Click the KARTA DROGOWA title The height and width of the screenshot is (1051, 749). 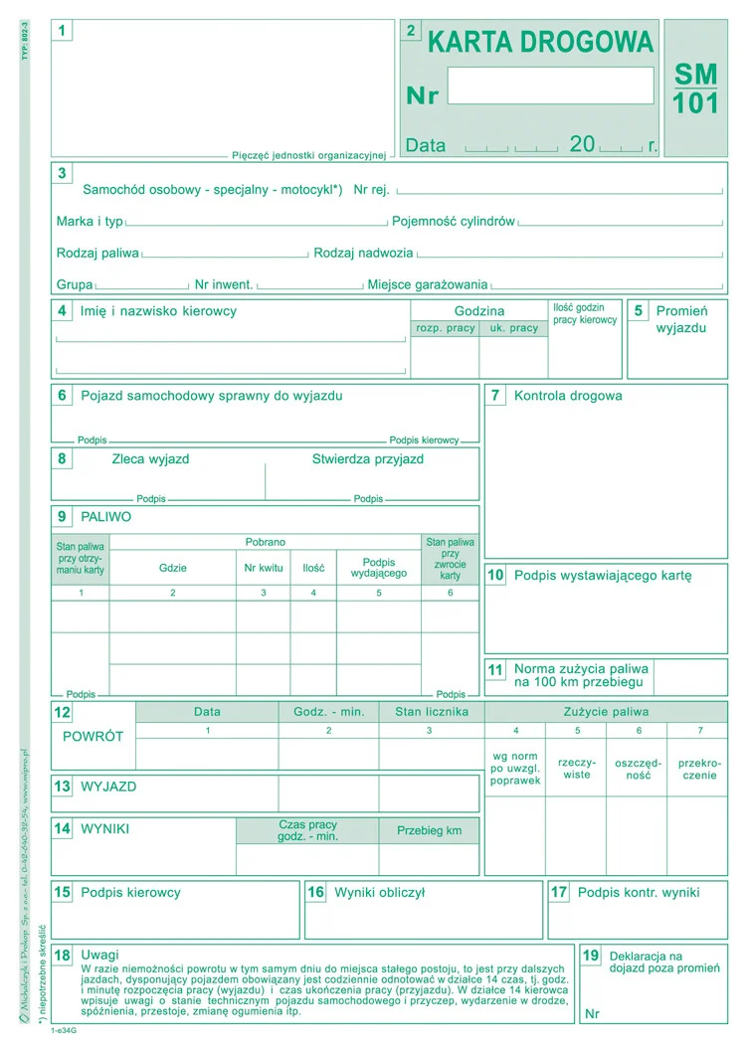541,42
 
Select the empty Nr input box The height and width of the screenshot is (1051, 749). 550,86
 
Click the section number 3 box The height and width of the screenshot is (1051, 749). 62,173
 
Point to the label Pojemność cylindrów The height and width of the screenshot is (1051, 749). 454,221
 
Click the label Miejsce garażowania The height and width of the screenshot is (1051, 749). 428,284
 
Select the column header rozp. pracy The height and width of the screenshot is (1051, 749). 445,328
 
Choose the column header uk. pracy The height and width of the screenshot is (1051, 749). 512,328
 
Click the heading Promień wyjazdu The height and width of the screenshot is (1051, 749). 681,319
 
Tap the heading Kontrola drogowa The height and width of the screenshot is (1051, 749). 568,396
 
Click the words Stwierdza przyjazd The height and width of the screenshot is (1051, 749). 368,459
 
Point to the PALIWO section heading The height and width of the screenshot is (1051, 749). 105,517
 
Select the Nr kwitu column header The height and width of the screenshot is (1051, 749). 264,568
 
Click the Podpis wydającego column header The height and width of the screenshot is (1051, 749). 379,568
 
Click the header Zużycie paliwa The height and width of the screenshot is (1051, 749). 606,712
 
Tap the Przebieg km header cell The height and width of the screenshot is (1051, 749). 429,830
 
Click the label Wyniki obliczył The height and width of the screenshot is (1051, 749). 379,893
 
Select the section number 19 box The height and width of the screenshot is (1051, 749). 592,956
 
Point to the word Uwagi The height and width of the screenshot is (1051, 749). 99,955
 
